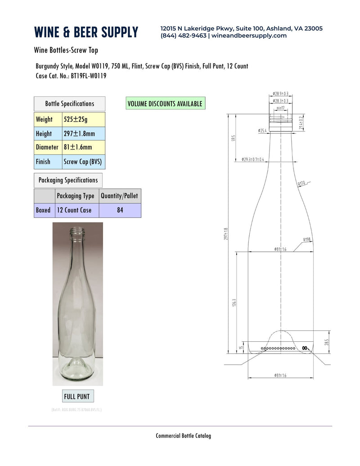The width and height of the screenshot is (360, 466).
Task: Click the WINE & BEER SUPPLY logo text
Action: click(x=86, y=32)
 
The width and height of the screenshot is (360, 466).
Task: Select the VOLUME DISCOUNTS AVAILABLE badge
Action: click(x=165, y=104)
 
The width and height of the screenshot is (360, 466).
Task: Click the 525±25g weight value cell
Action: click(x=83, y=119)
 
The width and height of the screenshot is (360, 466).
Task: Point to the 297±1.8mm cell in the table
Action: click(x=83, y=133)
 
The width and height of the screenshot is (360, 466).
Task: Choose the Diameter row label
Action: click(x=48, y=147)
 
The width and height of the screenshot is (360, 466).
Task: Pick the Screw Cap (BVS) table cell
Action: click(x=83, y=161)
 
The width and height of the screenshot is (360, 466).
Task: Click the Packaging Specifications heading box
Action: click(x=68, y=180)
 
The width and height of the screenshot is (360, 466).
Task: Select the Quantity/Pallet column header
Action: click(x=120, y=196)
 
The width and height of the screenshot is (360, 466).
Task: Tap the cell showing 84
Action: click(x=120, y=210)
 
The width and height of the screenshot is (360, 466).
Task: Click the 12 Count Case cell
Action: click(x=76, y=210)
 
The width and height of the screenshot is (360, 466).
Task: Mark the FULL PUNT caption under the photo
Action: click(x=77, y=397)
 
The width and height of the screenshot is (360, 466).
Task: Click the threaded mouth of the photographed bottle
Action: click(x=78, y=231)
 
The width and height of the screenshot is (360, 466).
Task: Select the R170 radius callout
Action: click(x=301, y=184)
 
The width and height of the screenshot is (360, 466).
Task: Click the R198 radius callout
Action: click(x=307, y=240)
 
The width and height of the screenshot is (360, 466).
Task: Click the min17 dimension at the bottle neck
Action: click(x=280, y=108)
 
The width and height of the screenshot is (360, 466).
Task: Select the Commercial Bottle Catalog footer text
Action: click(x=183, y=435)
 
